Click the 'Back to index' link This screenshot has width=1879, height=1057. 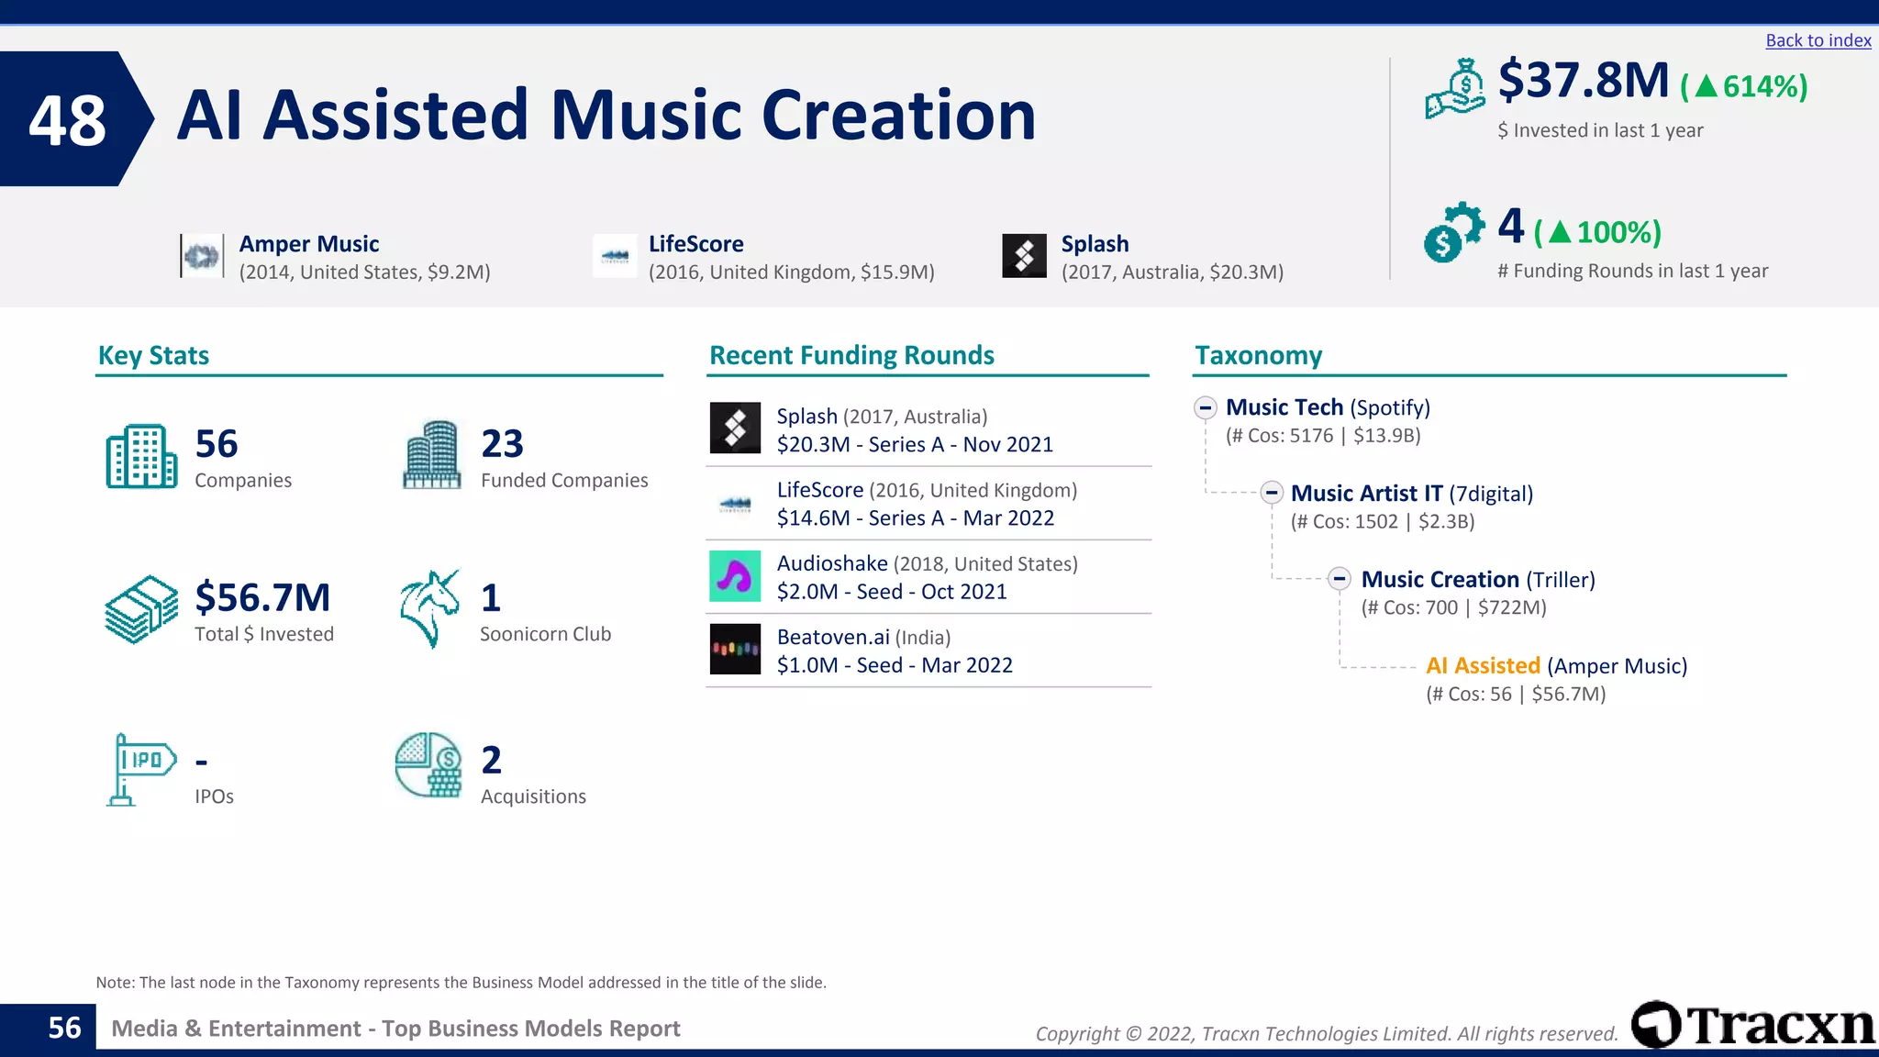[x=1818, y=40]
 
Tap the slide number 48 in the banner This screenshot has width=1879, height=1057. [x=67, y=120]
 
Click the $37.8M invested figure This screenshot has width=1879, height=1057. [x=1583, y=80]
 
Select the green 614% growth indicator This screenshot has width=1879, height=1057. [x=1744, y=86]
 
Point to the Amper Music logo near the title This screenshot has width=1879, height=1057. [x=202, y=256]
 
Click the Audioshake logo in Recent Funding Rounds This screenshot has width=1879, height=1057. [x=735, y=576]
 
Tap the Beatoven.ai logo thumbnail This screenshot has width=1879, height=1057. [x=735, y=650]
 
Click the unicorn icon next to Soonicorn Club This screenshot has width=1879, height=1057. [x=429, y=608]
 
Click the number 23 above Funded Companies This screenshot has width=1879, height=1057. [x=502, y=444]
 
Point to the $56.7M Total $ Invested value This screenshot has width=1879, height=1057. [x=262, y=597]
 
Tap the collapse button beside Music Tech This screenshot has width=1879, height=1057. [x=1206, y=407]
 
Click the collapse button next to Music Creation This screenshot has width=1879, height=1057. [x=1340, y=579]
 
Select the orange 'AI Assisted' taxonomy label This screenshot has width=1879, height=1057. [x=1483, y=666]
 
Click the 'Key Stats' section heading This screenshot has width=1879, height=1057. [x=153, y=355]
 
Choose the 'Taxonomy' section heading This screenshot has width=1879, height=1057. [x=1258, y=355]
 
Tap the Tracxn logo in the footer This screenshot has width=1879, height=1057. [x=1753, y=1025]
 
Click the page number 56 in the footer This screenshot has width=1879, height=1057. [x=64, y=1028]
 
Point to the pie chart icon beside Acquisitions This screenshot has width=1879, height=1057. [x=428, y=765]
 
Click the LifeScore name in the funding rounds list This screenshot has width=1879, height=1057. [x=819, y=490]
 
